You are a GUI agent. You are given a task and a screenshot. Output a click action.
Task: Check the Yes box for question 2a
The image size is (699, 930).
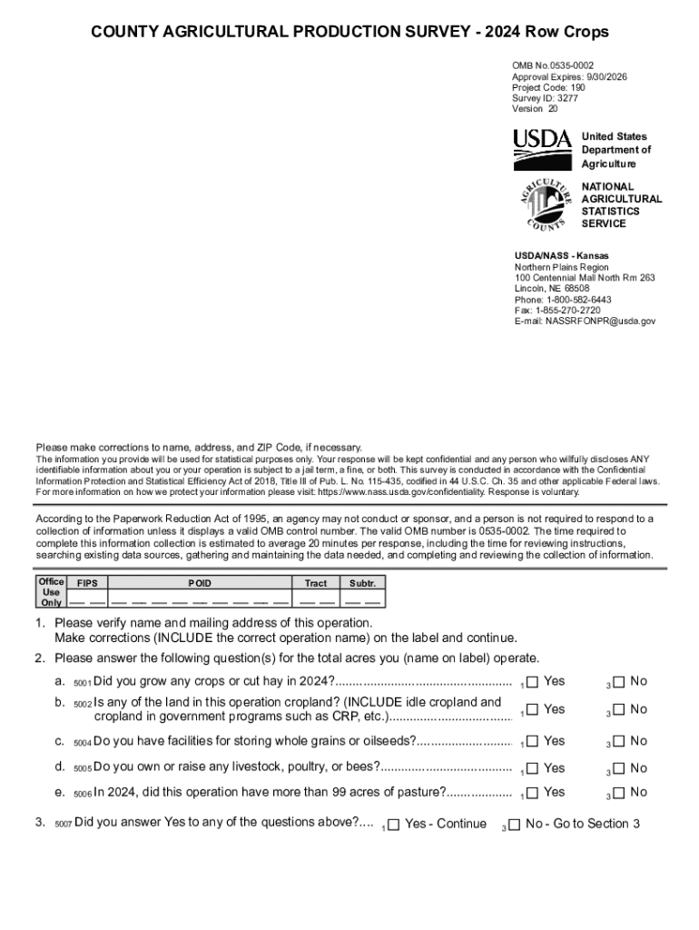coord(533,681)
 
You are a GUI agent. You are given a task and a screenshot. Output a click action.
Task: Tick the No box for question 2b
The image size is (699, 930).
coord(619,708)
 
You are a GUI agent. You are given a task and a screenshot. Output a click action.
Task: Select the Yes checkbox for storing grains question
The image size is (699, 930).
coord(533,740)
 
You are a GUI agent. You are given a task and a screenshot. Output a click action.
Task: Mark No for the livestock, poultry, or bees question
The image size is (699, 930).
coord(619,767)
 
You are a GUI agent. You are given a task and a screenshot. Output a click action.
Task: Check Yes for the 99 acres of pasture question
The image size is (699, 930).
coord(533,792)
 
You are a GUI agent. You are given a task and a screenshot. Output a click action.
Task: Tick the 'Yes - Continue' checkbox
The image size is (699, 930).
coord(393,825)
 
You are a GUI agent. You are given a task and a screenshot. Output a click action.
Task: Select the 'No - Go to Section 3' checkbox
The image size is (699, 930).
coord(514,825)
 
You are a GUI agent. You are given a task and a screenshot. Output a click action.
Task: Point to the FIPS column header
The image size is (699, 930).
coord(87,583)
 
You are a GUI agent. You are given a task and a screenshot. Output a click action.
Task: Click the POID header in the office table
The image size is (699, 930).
coord(200,583)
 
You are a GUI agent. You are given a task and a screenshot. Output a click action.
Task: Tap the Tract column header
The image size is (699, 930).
coord(315,583)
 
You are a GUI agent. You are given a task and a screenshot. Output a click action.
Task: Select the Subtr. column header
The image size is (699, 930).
coord(362,583)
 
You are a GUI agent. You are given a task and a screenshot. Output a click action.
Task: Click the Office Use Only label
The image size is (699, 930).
coord(51,591)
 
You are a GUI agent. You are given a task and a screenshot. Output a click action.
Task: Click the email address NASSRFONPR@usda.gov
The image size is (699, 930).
coord(600,322)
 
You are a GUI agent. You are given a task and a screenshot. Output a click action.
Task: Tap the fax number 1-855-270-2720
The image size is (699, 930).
coord(570,311)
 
